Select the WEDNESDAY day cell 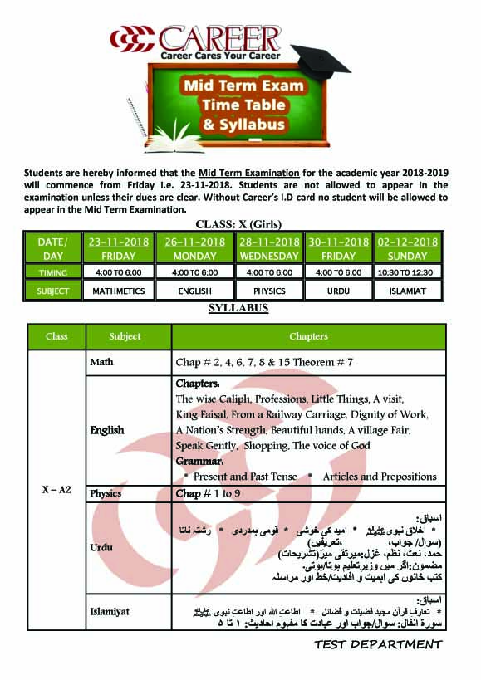[269, 256]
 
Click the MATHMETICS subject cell [118, 291]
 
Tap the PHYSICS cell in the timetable [269, 291]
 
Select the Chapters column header [308, 336]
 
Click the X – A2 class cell [56, 490]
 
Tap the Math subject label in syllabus [101, 363]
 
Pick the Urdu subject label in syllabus [102, 547]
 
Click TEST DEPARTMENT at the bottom [378, 645]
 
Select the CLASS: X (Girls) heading [239, 224]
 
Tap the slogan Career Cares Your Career [219, 55]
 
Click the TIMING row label [52, 272]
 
